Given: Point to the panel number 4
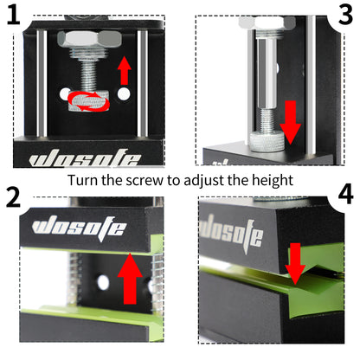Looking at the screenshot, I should [x=345, y=195].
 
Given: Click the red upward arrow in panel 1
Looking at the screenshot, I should [x=124, y=70].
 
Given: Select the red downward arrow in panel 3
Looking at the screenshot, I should [x=291, y=120].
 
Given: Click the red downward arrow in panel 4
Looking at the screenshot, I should [x=296, y=262].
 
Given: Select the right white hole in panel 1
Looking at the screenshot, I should [x=125, y=93].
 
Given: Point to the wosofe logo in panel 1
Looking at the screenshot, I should [x=85, y=159].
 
